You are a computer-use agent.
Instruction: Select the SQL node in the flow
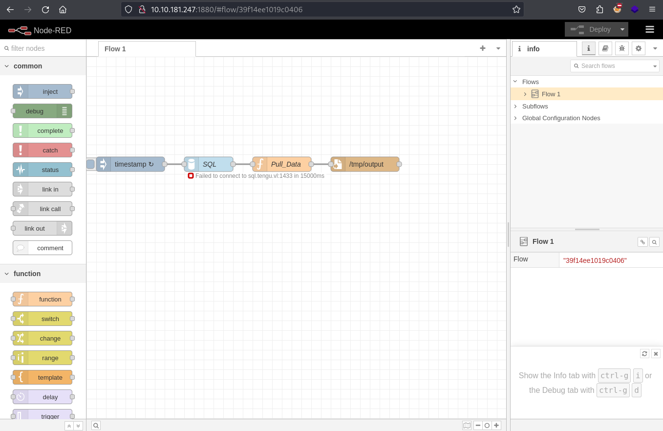[209, 164]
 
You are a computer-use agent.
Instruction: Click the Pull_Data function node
[282, 164]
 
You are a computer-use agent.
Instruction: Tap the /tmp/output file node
[365, 164]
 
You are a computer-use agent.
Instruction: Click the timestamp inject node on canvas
[130, 164]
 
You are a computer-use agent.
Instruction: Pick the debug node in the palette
[43, 111]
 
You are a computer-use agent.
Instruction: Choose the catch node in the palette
[43, 150]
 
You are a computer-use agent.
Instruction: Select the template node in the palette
[43, 377]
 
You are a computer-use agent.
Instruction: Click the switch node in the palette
[43, 319]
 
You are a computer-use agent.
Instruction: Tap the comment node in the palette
[43, 248]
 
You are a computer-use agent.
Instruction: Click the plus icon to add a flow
[482, 48]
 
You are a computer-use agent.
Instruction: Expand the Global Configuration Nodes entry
[561, 118]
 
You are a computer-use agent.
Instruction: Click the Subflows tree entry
[535, 106]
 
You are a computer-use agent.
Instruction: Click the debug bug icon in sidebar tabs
[621, 48]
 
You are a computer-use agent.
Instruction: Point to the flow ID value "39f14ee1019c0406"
[595, 260]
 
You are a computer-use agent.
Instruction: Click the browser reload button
[45, 9]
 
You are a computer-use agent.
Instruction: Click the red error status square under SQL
[191, 176]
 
